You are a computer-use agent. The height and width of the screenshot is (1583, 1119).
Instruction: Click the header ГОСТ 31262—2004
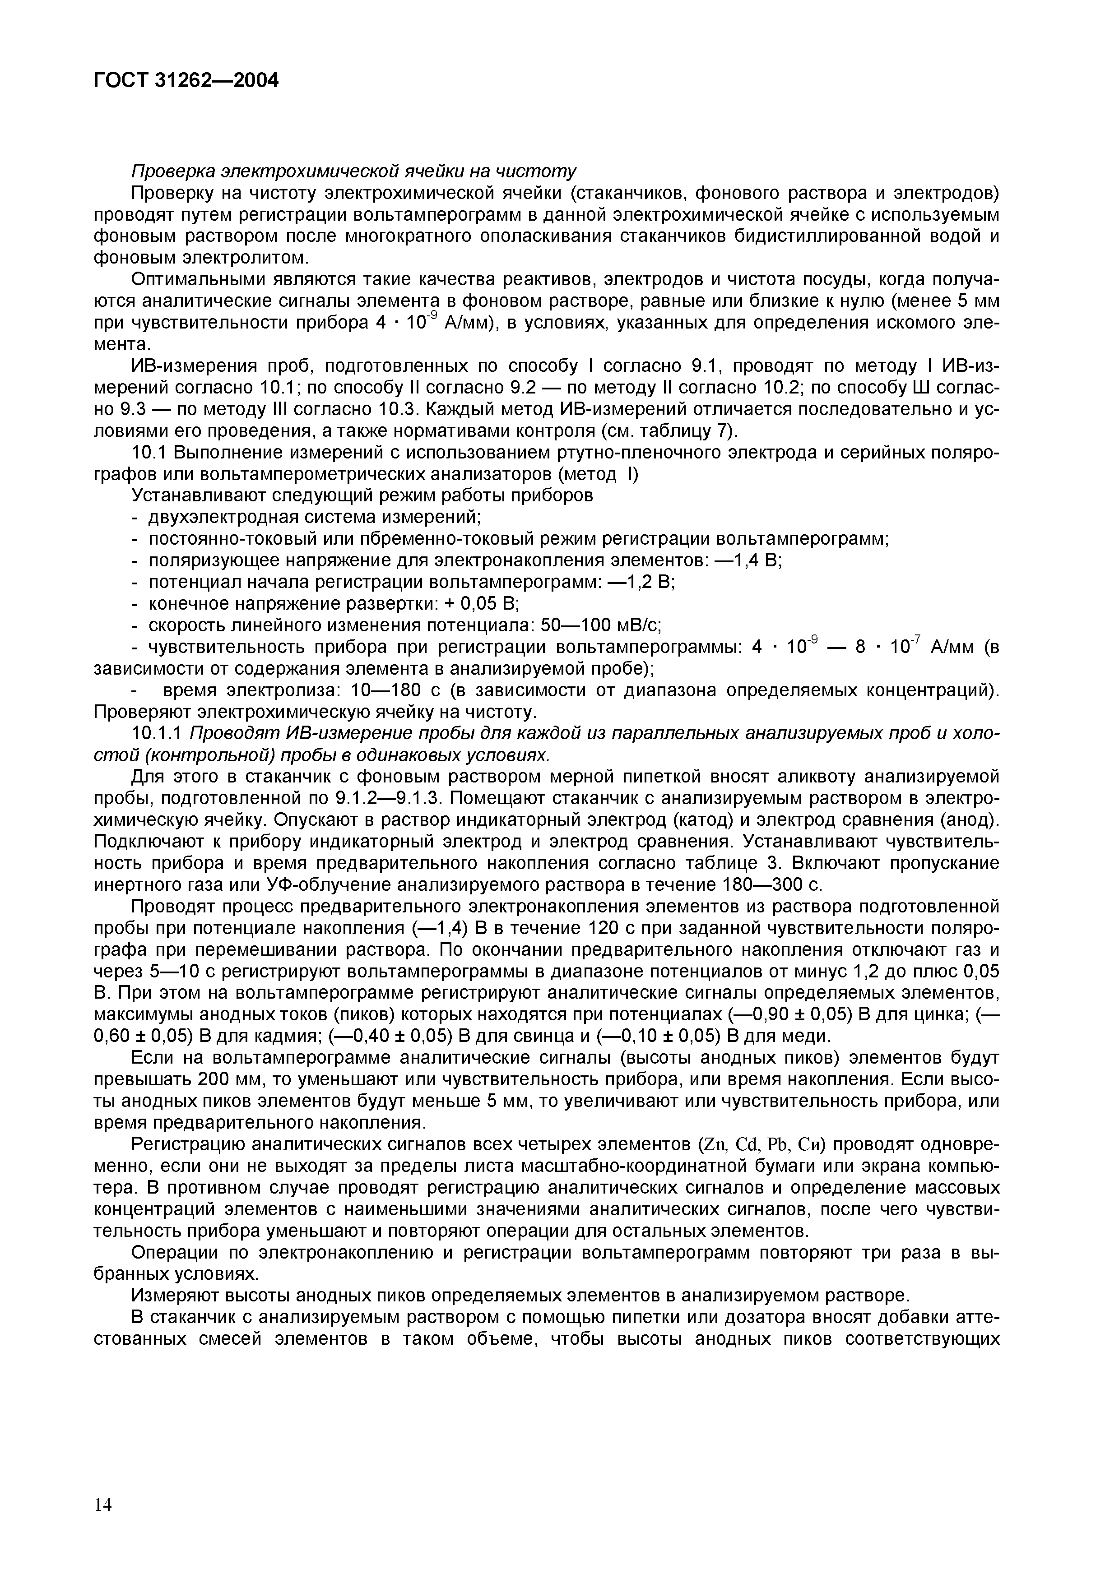tap(186, 81)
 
